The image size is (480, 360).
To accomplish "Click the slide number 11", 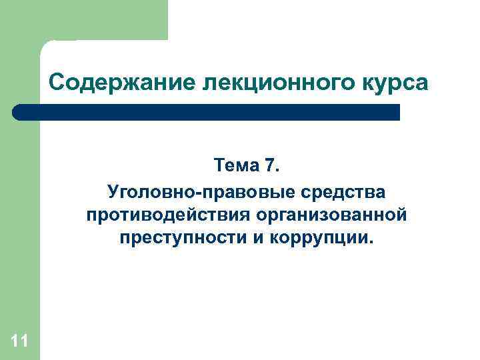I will [19, 342].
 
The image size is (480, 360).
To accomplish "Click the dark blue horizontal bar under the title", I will [207, 112].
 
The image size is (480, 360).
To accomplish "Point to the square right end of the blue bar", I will [396, 112].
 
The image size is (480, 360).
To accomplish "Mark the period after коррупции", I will [365, 243].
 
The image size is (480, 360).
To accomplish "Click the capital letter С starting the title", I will [57, 84].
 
